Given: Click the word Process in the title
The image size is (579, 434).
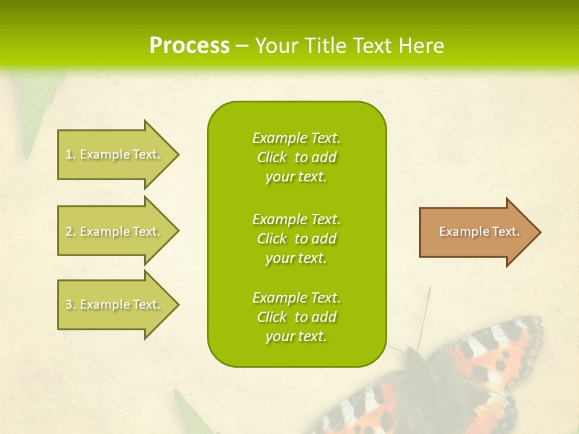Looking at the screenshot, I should click(x=189, y=45).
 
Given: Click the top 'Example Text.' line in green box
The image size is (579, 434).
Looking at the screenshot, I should click(x=296, y=138).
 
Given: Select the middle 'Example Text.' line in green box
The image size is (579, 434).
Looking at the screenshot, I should click(x=296, y=219).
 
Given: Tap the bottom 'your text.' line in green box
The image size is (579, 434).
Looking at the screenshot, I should click(x=296, y=336).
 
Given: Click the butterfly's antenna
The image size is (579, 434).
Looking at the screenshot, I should click(x=426, y=313).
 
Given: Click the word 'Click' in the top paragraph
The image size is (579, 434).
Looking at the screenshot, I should click(x=272, y=157).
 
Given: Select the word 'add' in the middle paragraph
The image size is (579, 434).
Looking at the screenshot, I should click(x=324, y=239).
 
